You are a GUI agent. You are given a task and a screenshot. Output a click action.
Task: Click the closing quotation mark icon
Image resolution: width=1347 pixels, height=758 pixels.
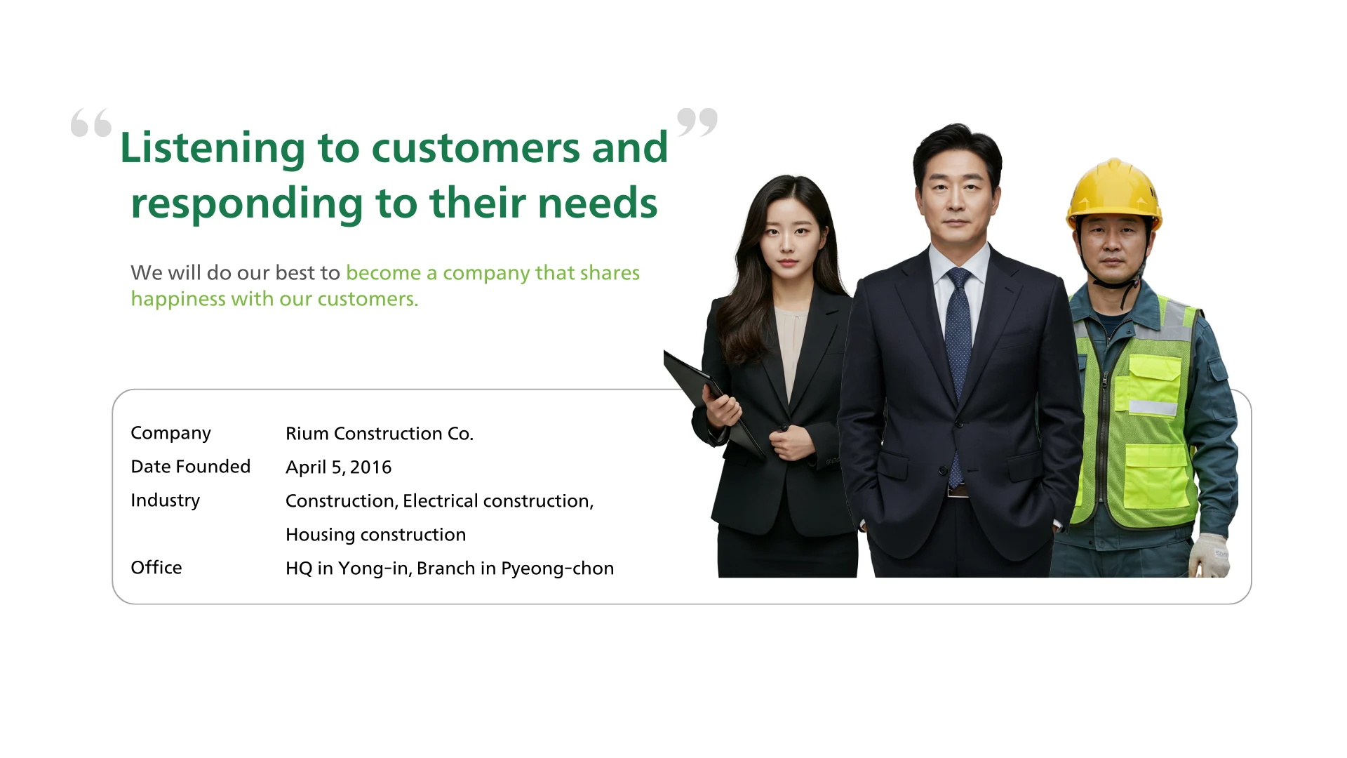(697, 122)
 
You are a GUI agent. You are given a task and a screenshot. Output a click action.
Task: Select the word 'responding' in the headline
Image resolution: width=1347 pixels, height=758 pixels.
(247, 204)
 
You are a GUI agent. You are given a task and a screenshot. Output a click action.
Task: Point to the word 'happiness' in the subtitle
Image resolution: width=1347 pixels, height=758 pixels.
(178, 299)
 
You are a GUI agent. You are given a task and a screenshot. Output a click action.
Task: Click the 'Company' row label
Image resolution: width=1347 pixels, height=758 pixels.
(170, 434)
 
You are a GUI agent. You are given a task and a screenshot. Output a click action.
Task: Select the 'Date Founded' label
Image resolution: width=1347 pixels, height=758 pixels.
(191, 467)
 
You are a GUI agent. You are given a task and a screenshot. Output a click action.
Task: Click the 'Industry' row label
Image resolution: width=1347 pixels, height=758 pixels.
(166, 500)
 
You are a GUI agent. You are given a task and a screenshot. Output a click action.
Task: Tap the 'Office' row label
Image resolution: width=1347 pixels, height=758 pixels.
(156, 568)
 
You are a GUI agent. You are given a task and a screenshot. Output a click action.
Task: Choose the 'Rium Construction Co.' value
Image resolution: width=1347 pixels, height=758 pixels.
(380, 434)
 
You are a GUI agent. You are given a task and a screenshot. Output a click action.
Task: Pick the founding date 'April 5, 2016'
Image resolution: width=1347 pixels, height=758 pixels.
(339, 467)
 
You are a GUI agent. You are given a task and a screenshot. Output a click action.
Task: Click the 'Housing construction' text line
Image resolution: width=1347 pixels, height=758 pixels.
(376, 535)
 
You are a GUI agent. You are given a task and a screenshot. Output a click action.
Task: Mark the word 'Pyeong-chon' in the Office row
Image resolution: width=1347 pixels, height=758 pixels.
(557, 568)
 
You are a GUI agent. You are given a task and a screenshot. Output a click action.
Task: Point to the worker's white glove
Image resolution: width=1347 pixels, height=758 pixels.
(1209, 555)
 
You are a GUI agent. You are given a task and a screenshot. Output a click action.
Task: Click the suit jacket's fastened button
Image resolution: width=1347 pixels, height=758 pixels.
(959, 423)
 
